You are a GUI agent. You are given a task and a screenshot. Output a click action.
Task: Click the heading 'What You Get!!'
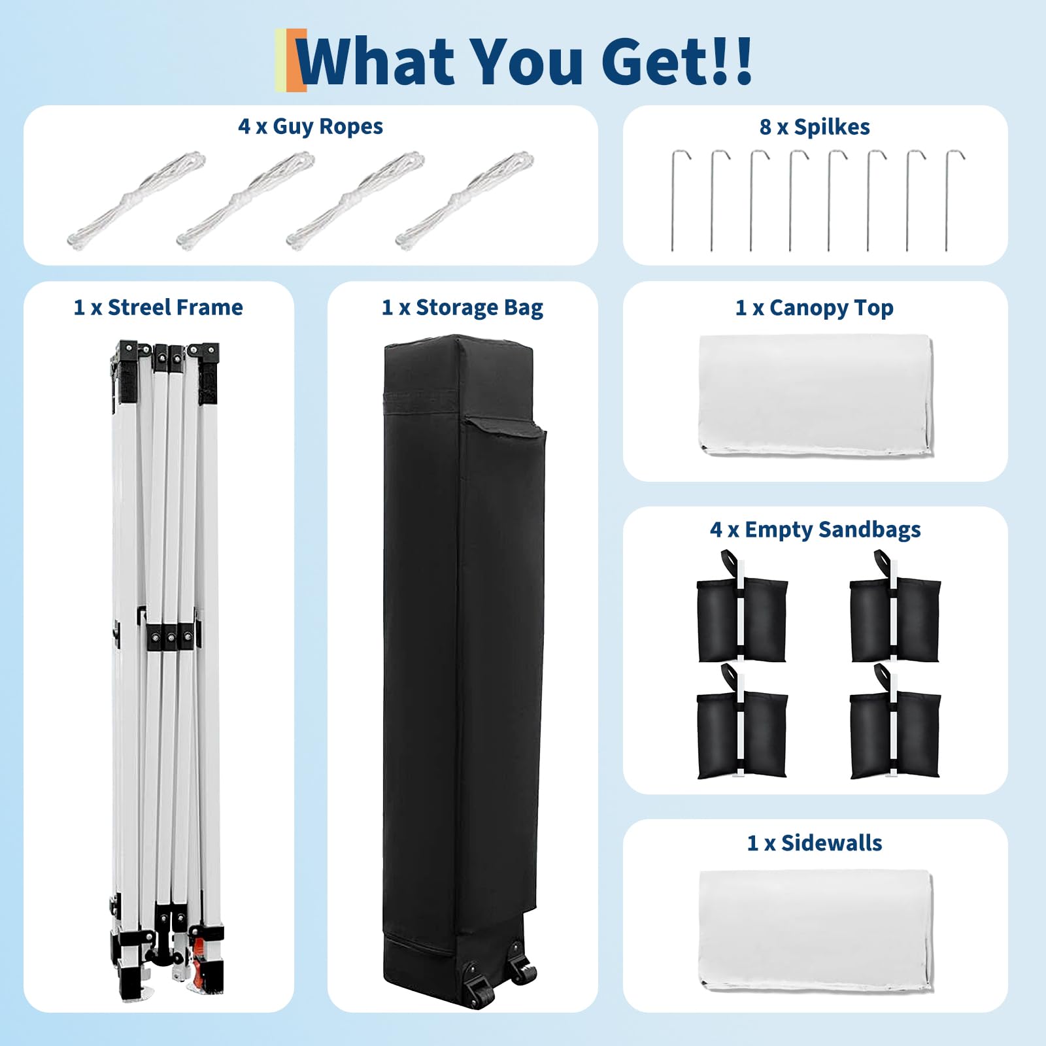pos(525,61)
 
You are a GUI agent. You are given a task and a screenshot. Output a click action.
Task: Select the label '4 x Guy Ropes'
pos(311,126)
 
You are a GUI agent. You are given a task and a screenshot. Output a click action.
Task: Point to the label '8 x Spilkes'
pos(815,127)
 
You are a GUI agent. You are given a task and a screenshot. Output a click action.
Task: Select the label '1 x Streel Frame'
pos(158,307)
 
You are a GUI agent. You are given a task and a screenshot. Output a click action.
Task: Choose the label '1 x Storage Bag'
pos(462,307)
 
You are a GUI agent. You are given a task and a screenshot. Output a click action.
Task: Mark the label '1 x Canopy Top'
pos(815,307)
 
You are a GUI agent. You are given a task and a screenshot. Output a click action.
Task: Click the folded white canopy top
pos(816,395)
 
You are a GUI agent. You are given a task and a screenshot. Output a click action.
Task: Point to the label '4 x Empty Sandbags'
pos(815,530)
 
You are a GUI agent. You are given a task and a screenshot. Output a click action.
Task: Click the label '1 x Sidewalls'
pos(815,843)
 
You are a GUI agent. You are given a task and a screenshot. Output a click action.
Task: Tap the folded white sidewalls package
pos(816,930)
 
